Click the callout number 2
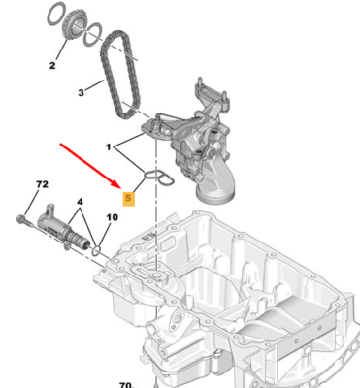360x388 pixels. [52, 66]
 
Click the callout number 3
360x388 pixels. [81, 93]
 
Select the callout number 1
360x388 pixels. [109, 147]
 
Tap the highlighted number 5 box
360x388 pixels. [128, 198]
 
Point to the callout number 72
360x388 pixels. [42, 184]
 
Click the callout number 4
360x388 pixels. [80, 202]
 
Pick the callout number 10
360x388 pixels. [113, 217]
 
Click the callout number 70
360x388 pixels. [125, 385]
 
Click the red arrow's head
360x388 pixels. [117, 184]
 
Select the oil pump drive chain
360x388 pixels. [121, 75]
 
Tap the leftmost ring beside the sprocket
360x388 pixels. [57, 14]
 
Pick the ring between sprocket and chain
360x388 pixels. [93, 34]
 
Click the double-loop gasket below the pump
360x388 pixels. [159, 178]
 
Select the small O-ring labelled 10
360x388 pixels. [96, 249]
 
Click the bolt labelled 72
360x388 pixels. [25, 220]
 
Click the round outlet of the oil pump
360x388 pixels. [214, 196]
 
